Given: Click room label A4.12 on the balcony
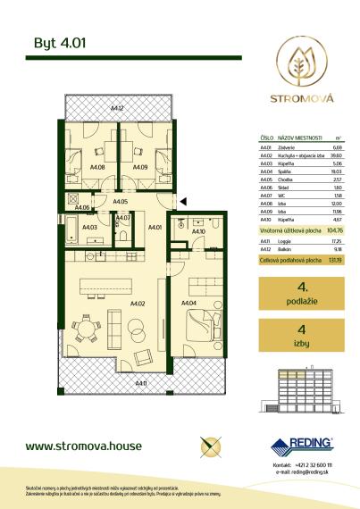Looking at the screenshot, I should tap(116, 110).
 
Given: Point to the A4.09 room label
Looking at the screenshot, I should tap(139, 166).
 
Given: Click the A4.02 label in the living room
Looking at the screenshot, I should tap(138, 304).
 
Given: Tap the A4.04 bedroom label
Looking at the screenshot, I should tap(188, 304).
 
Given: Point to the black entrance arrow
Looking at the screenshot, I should tap(183, 202).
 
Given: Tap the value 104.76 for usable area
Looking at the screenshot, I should tap(337, 229).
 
